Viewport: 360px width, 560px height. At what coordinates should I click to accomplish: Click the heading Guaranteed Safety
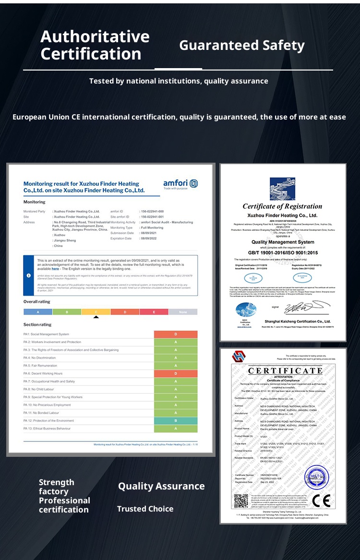pyautogui.click(x=241, y=46)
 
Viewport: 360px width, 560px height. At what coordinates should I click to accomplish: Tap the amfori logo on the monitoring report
pyautogui.click(x=180, y=184)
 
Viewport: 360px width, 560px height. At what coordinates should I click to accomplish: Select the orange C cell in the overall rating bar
pyautogui.click(x=96, y=312)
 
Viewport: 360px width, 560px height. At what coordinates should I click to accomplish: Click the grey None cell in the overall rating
pyautogui.click(x=183, y=312)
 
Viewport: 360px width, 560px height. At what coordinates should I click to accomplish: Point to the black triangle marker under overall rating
pyautogui.click(x=96, y=317)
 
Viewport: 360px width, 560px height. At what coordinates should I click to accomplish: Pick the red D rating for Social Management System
pyautogui.click(x=176, y=334)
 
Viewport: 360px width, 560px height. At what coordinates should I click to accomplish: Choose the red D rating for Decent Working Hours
pyautogui.click(x=176, y=373)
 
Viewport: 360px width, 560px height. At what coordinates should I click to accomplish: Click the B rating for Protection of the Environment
pyautogui.click(x=176, y=420)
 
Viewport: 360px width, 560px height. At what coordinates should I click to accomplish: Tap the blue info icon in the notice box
pyautogui.click(x=29, y=275)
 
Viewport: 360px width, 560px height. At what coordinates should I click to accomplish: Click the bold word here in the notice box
pyautogui.click(x=56, y=269)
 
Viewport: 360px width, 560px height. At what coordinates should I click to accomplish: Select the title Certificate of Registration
pyautogui.click(x=282, y=206)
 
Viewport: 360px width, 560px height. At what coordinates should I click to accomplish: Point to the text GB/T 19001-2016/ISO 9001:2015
pyautogui.click(x=283, y=252)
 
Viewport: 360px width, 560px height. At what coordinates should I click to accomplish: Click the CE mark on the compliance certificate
pyautogui.click(x=321, y=500)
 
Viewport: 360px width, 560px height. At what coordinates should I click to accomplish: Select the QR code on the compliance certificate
pyautogui.click(x=241, y=501)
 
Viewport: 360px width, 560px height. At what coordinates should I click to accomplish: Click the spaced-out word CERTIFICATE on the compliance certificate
pyautogui.click(x=285, y=370)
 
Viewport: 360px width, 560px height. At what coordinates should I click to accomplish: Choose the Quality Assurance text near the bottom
pyautogui.click(x=161, y=486)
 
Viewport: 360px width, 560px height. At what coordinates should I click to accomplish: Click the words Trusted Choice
pyautogui.click(x=145, y=509)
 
